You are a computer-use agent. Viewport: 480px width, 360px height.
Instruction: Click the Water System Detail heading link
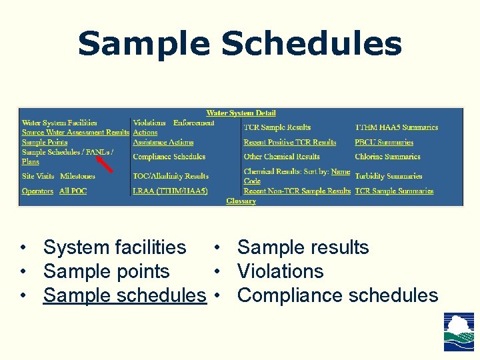[241, 113]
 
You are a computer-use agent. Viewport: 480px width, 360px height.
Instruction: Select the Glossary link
[241, 201]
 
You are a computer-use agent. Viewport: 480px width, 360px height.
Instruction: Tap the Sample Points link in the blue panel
[45, 142]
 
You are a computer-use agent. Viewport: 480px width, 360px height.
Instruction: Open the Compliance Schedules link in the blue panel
[169, 157]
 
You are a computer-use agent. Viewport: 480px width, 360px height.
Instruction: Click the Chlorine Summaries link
[387, 157]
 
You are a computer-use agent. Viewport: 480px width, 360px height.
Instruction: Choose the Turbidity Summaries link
[389, 176]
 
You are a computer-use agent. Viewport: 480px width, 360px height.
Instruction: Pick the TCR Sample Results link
[277, 127]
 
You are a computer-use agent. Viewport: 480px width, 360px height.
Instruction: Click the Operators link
[37, 191]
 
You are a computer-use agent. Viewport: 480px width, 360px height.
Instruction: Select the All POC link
[73, 191]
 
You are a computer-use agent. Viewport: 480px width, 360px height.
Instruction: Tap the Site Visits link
[38, 176]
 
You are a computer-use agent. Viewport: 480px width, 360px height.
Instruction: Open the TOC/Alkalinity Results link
[171, 176]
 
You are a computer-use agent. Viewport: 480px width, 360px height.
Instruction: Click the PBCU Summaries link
[384, 142]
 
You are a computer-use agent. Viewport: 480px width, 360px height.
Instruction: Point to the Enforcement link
[194, 123]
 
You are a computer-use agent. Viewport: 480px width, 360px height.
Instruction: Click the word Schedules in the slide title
[311, 44]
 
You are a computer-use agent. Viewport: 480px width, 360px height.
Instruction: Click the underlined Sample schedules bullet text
[125, 295]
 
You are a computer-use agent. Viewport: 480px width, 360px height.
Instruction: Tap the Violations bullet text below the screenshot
[280, 271]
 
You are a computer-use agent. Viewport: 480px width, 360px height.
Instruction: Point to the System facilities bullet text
[115, 247]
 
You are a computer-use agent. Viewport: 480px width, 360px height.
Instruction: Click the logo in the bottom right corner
[459, 331]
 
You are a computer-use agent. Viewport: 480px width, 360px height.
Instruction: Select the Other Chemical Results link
[281, 157]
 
